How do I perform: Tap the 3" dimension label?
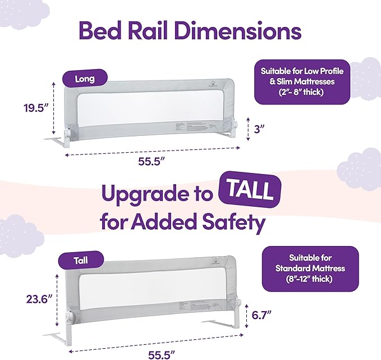pos(258,129)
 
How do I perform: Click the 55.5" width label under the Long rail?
pos(152,161)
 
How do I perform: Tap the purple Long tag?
pos(85,79)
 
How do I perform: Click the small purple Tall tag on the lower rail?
pos(80,261)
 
